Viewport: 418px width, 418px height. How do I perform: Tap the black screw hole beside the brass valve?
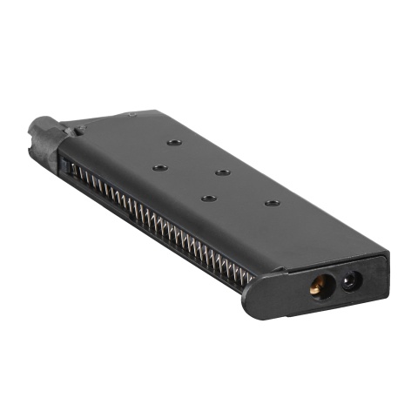(x=353, y=280)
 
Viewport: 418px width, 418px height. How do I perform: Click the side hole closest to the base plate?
(x=272, y=203)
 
